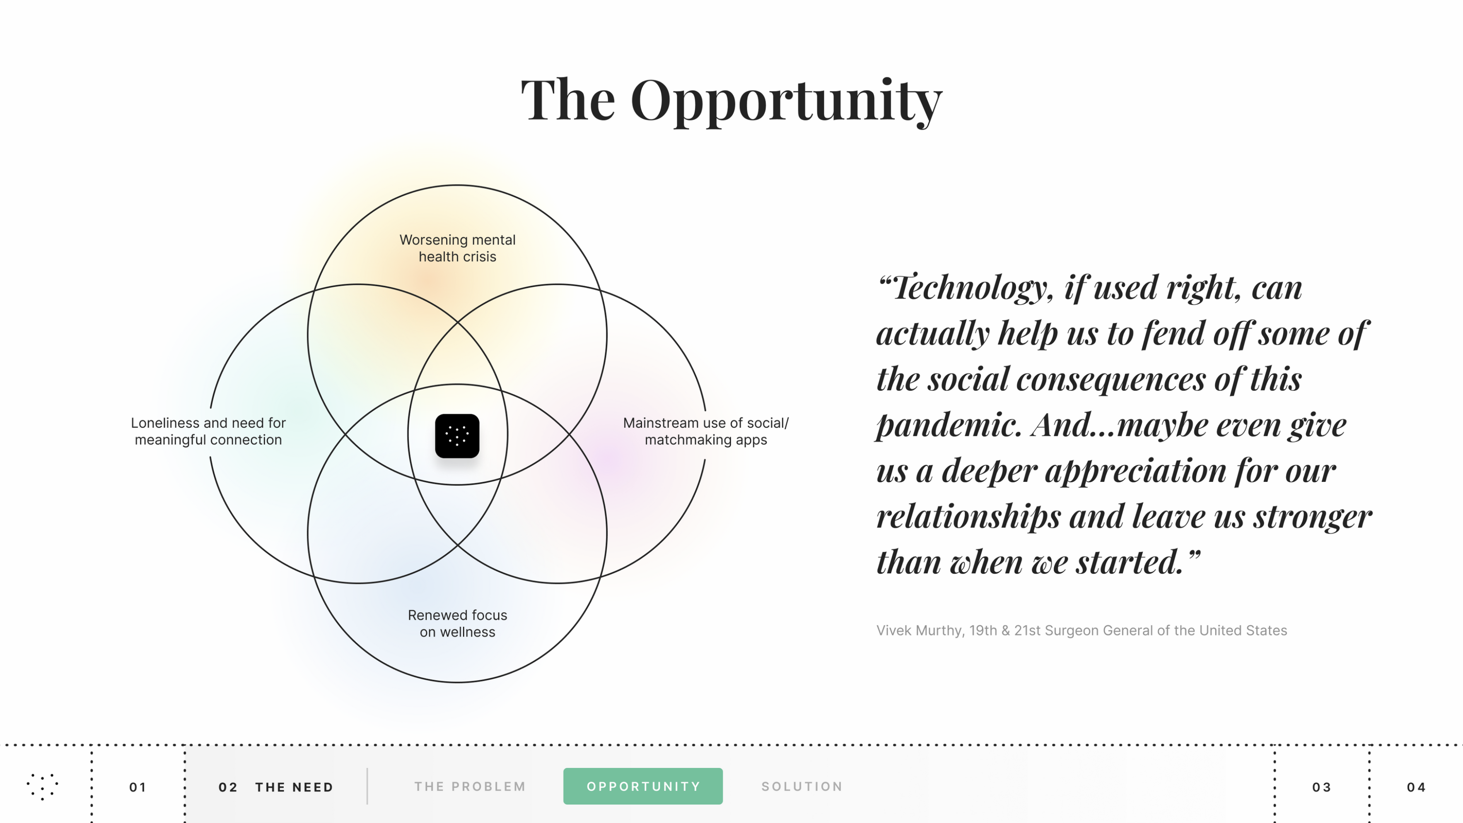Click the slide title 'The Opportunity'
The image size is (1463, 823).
[731, 101]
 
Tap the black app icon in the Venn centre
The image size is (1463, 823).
[457, 436]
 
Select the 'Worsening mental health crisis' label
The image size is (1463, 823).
[457, 248]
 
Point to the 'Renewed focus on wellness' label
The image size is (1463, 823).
[457, 623]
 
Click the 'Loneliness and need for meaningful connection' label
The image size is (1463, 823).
[208, 431]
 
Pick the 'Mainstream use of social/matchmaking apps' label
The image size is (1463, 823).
[705, 431]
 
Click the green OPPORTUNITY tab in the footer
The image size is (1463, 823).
[643, 786]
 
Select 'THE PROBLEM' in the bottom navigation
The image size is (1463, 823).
[470, 787]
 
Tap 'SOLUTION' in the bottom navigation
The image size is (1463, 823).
[802, 787]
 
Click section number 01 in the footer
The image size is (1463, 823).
[138, 787]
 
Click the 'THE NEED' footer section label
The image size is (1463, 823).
[294, 787]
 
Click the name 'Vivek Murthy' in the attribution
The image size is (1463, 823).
[920, 630]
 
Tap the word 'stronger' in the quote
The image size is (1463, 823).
[1313, 517]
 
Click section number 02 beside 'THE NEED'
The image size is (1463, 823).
[228, 787]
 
